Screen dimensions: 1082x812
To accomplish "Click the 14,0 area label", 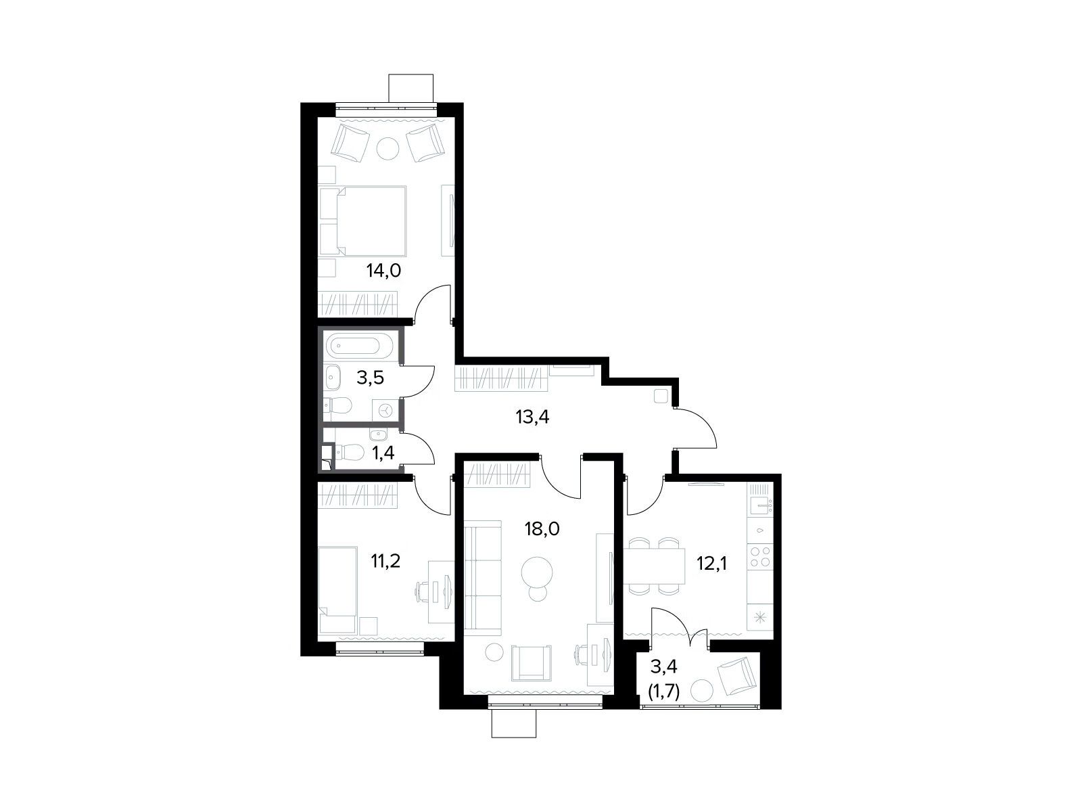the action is pos(383,271).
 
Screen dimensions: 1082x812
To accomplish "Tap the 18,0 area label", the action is pos(542,529).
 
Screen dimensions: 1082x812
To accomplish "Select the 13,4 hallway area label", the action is pos(532,417).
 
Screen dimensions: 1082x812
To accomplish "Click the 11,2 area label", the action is pos(385,561).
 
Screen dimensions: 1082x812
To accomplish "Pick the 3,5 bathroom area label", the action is pos(370,378).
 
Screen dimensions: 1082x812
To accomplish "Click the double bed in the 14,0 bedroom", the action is pos(362,221).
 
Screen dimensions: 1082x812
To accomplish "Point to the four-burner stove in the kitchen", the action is pos(760,556).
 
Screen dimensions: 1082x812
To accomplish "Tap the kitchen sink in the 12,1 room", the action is pos(760,505).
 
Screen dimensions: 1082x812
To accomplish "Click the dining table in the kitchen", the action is pos(655,566).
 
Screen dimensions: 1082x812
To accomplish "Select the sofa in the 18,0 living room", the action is pos(483,577).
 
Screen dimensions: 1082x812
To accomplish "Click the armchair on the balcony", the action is pos(736,677).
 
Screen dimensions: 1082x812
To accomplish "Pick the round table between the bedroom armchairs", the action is pos(387,147).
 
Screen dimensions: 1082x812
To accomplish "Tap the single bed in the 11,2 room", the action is pos(337,589).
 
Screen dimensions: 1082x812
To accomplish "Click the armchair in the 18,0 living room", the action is pos(532,663).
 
